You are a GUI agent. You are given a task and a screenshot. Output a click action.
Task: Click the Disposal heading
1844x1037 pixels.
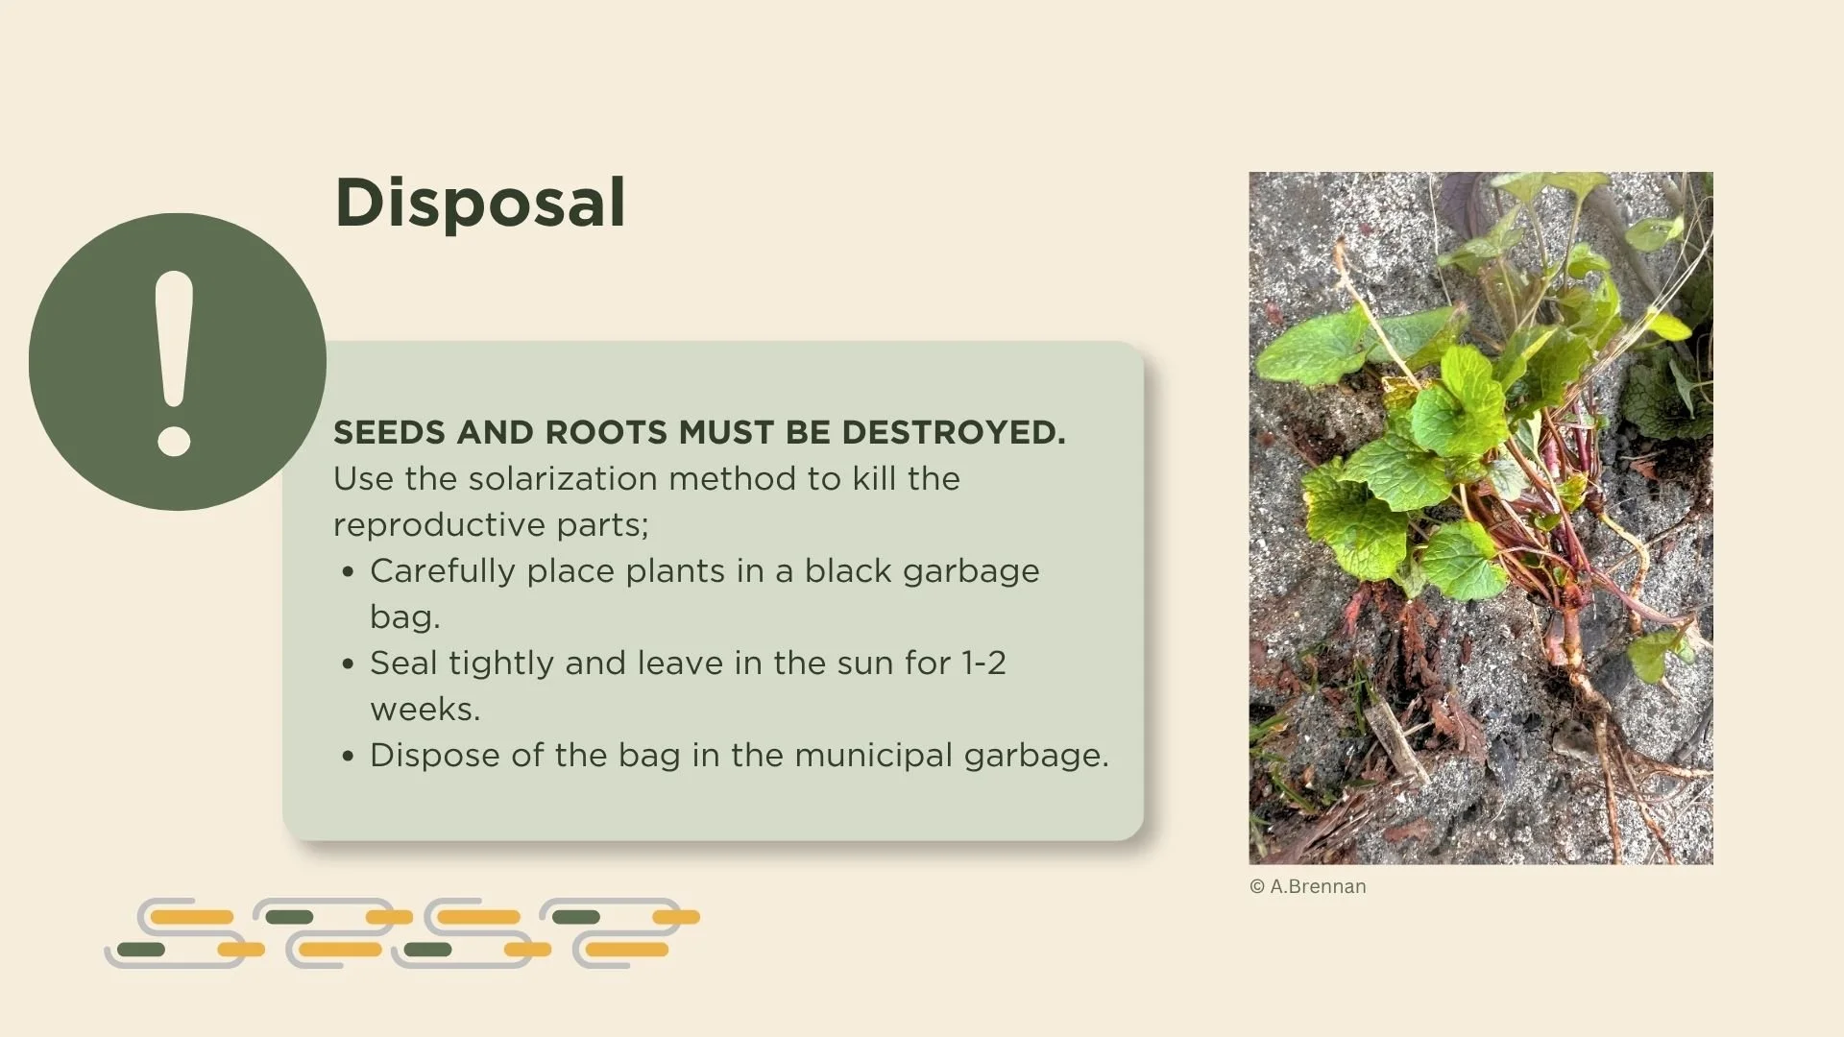pyautogui.click(x=480, y=203)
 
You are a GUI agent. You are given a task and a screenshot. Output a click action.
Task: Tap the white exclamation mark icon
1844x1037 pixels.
pyautogui.click(x=175, y=363)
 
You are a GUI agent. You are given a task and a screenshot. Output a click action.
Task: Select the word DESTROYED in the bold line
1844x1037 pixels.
pyautogui.click(x=953, y=433)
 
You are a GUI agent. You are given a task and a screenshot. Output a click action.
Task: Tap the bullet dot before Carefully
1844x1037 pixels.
pyautogui.click(x=348, y=572)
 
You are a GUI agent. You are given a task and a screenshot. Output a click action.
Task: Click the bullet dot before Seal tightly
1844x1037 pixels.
pyautogui.click(x=348, y=664)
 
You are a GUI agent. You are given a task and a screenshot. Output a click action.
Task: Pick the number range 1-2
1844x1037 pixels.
pyautogui.click(x=983, y=663)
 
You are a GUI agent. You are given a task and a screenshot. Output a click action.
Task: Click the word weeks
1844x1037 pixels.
pyautogui.click(x=425, y=710)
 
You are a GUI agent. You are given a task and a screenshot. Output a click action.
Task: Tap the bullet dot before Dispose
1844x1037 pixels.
pyautogui.click(x=348, y=757)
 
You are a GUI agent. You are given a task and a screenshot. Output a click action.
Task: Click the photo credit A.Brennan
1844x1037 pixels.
pyautogui.click(x=1318, y=887)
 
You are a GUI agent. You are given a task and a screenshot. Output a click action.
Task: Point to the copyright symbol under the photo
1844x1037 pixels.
pyautogui.click(x=1257, y=887)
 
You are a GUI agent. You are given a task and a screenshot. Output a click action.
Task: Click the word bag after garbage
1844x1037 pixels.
pyautogui.click(x=404, y=617)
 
